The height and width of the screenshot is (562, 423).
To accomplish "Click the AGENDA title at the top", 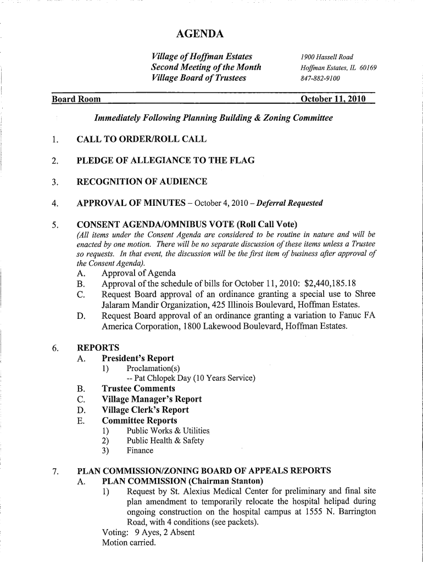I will click(200, 35).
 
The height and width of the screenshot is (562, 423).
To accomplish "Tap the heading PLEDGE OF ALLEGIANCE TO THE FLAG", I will click(165, 160).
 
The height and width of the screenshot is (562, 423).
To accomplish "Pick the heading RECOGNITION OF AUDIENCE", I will click(142, 182).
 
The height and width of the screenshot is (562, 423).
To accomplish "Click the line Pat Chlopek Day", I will click(191, 378).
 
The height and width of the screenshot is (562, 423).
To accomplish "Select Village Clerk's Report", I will click(145, 409).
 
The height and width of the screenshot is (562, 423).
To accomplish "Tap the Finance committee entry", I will click(140, 451).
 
